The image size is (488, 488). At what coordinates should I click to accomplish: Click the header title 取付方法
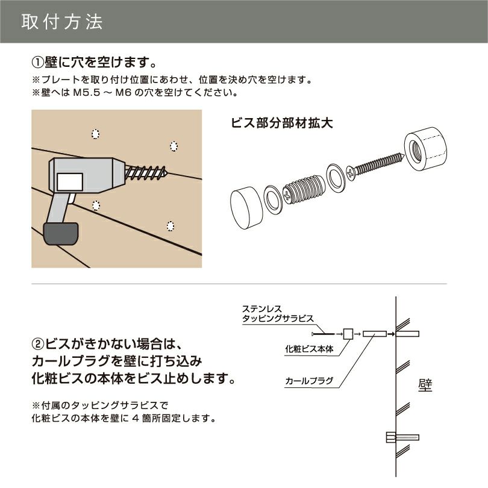(x=62, y=22)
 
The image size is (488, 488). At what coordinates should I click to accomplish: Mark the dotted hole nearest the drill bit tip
(x=174, y=146)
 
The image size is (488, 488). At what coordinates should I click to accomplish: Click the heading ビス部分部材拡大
(x=283, y=123)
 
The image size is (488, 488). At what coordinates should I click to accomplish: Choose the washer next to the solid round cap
(x=272, y=198)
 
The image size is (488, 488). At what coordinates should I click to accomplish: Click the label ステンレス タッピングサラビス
(x=277, y=313)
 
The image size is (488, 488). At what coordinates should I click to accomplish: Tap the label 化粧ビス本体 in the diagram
(x=309, y=348)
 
